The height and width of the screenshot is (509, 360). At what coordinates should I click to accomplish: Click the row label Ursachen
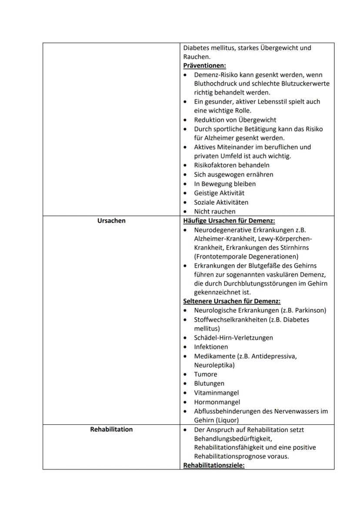click(x=111, y=221)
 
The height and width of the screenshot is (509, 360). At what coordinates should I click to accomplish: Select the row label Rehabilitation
click(x=111, y=429)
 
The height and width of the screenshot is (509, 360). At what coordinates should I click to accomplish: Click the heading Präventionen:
click(x=204, y=66)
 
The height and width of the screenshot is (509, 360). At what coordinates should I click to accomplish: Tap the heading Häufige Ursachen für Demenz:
click(x=229, y=221)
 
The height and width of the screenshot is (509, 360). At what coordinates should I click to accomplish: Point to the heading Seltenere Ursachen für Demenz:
click(x=232, y=301)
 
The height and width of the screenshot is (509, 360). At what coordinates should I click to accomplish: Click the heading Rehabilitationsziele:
click(x=214, y=465)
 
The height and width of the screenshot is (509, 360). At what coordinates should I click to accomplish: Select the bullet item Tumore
click(x=206, y=374)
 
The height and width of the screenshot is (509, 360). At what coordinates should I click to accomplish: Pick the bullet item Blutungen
click(x=209, y=383)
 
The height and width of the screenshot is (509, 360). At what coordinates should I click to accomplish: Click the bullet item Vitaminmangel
click(x=216, y=393)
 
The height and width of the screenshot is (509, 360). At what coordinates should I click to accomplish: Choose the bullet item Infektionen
click(x=211, y=347)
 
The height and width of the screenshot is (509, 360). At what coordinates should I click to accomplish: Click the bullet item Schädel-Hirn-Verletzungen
click(x=233, y=338)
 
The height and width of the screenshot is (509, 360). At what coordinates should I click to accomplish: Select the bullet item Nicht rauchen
click(x=215, y=212)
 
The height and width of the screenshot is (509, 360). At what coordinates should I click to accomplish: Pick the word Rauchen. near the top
click(x=197, y=57)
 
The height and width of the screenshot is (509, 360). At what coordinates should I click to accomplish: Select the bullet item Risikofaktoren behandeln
click(x=232, y=165)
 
